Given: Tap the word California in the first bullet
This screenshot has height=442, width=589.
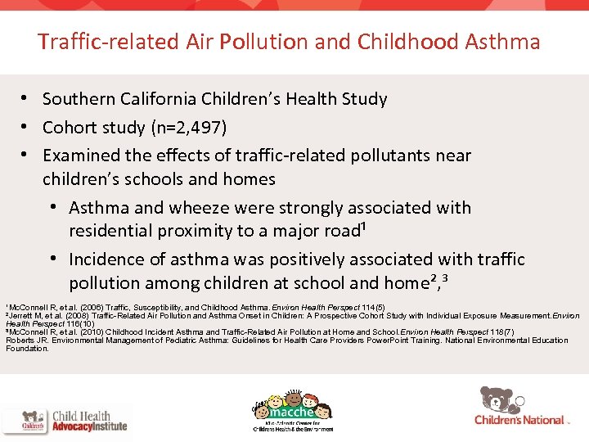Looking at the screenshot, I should click(157, 100).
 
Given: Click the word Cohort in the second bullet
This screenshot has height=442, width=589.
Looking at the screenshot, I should click(70, 128).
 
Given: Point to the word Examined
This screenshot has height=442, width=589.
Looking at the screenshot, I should click(79, 156).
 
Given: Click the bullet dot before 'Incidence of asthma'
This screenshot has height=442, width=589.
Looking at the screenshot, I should click(53, 259).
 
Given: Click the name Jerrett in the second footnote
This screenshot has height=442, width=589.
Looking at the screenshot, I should click(22, 315).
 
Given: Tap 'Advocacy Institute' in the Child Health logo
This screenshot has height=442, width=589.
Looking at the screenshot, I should click(89, 426).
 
